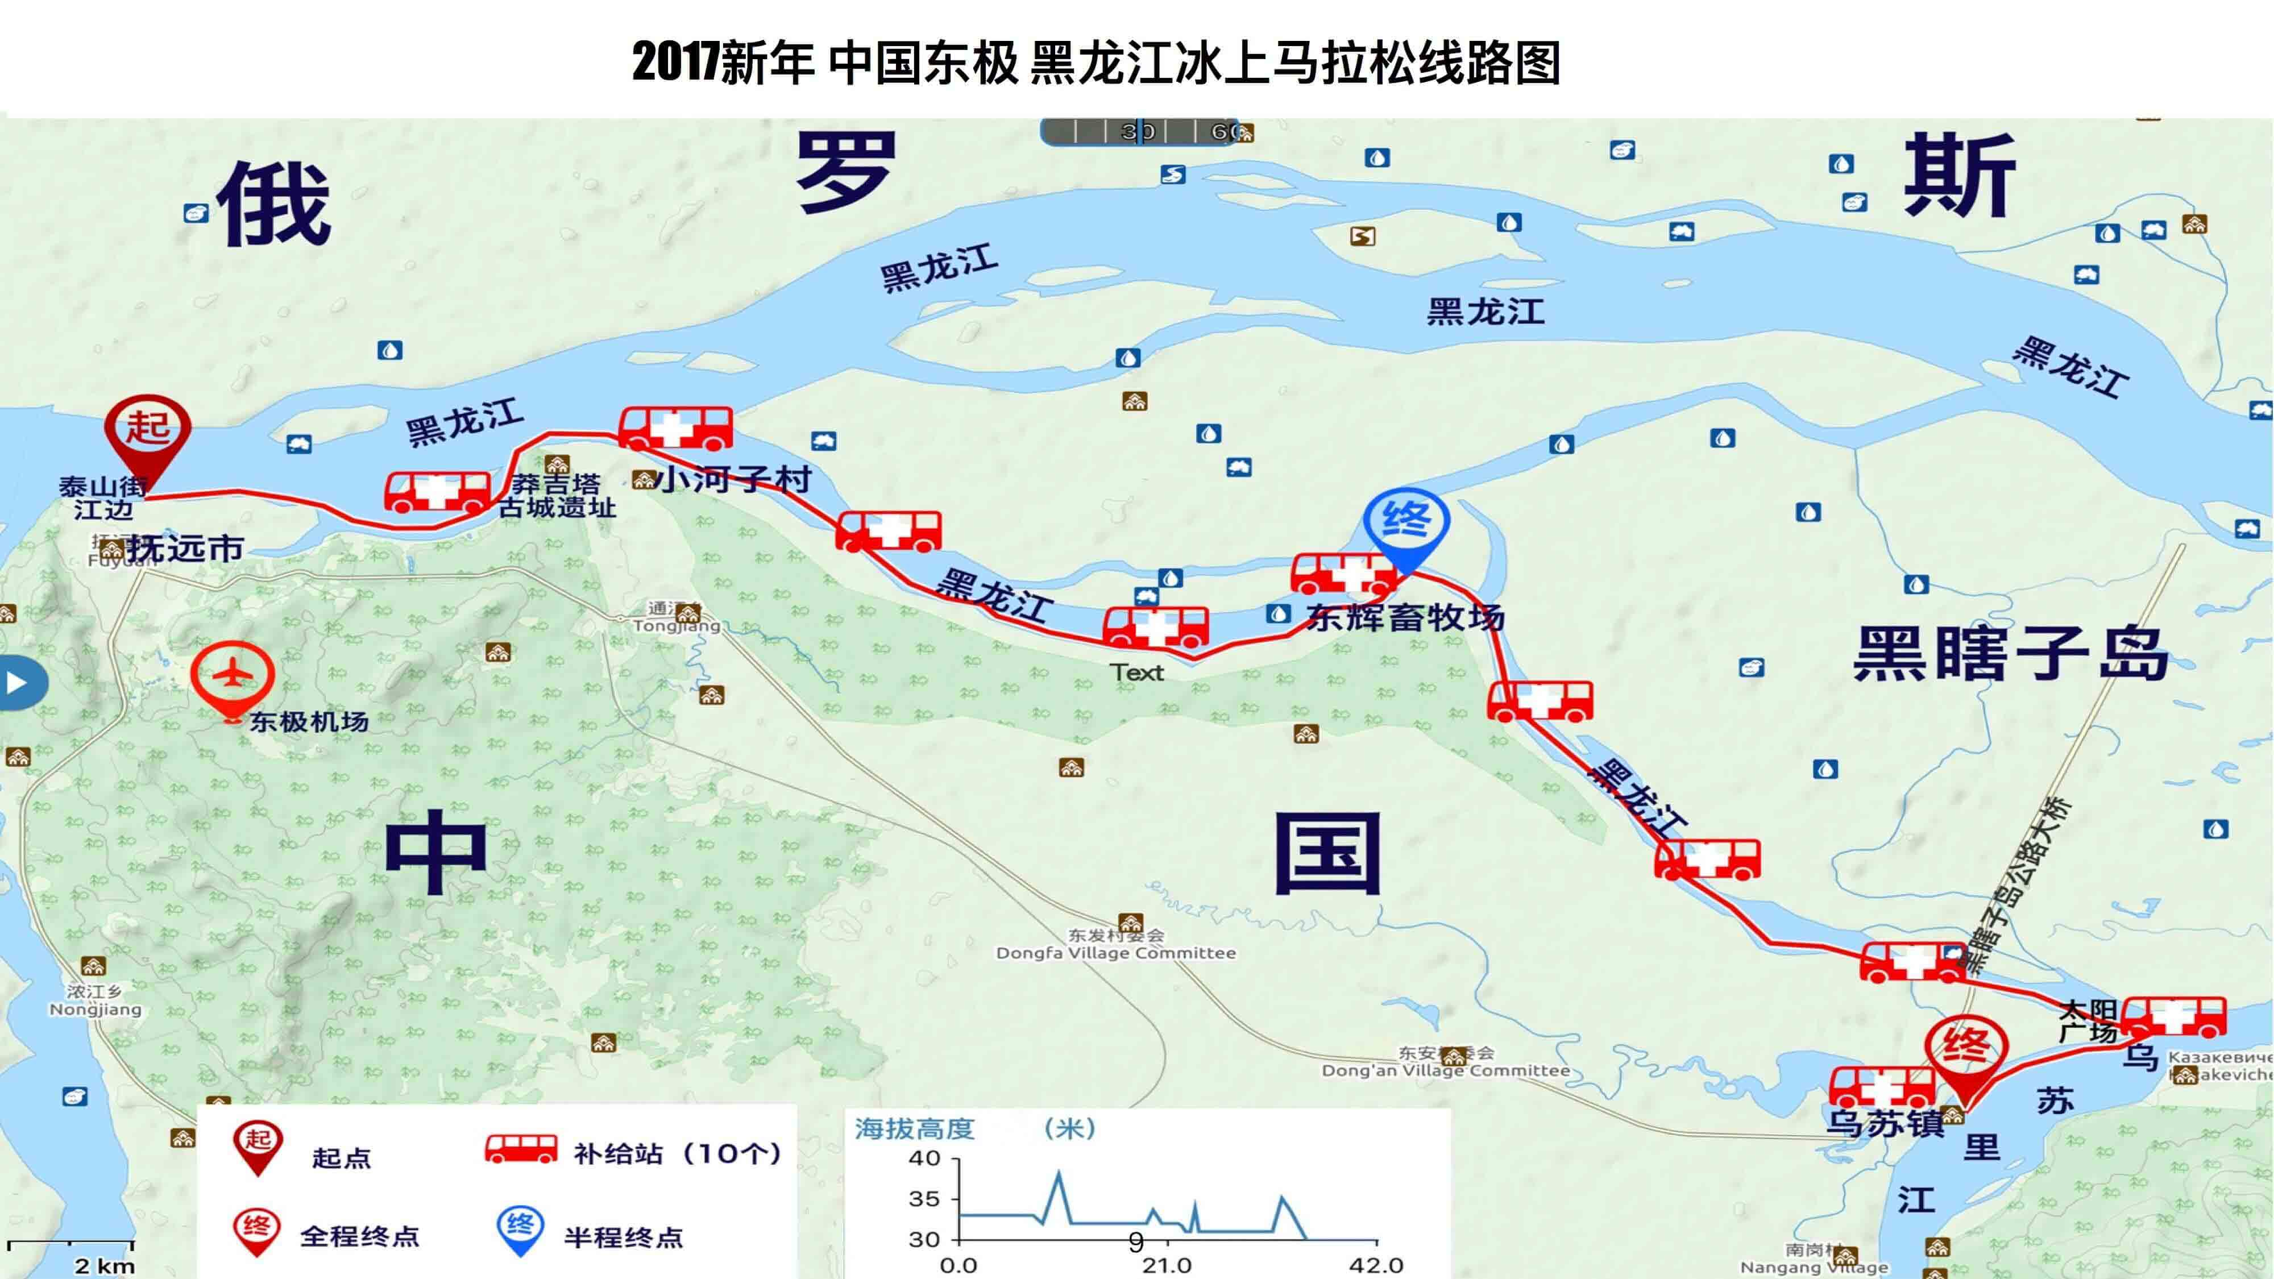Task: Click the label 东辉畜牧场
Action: tap(1405, 617)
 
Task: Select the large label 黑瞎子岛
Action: tap(2010, 654)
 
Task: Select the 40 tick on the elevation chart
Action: tap(924, 1158)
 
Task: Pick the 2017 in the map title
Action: tap(675, 62)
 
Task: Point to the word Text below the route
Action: tap(1137, 672)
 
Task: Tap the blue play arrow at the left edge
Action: tap(16, 682)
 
